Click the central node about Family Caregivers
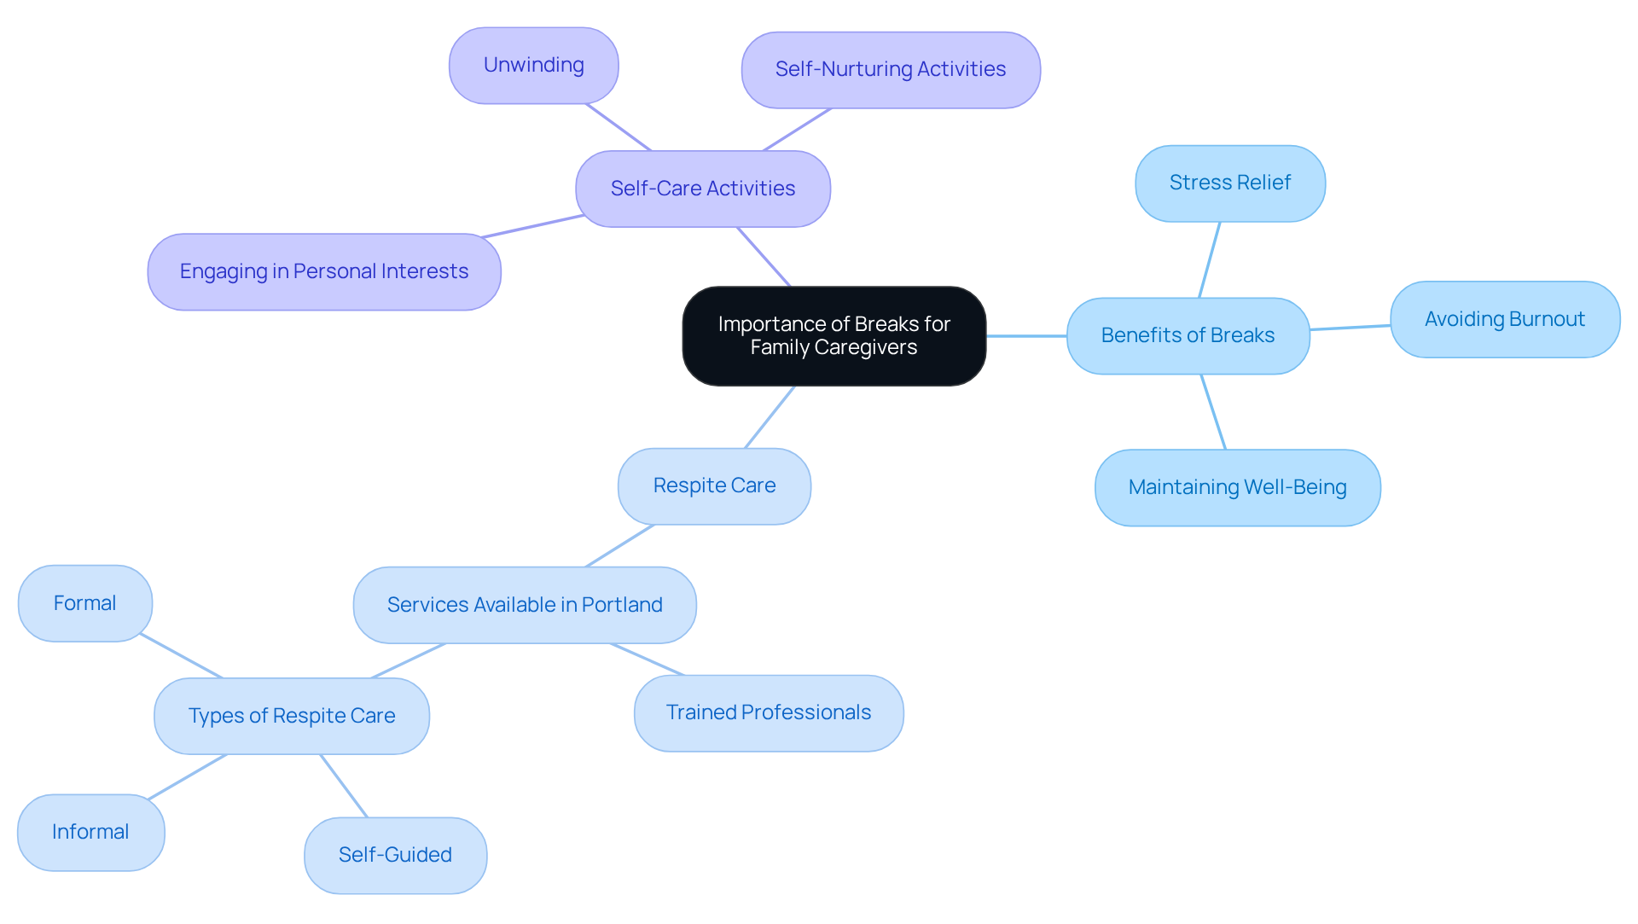tap(834, 335)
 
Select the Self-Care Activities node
tap(702, 189)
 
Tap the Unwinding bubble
tap(533, 66)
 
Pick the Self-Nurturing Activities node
tap(890, 70)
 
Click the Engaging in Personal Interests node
tap(323, 271)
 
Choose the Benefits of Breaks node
tap(1188, 335)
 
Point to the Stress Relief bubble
tap(1229, 183)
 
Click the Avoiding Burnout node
tap(1504, 319)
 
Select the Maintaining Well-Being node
tap(1237, 487)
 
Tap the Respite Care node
tap(714, 485)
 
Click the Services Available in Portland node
tap(524, 605)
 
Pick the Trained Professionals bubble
tap(768, 712)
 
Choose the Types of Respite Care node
tap(291, 716)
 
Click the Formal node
tap(84, 603)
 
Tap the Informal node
tap(90, 832)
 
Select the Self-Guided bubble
tap(395, 855)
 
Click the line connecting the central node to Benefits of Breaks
tap(1026, 336)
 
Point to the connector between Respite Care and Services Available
tap(620, 546)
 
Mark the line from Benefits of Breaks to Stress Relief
tap(1210, 259)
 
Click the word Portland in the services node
tap(622, 605)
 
